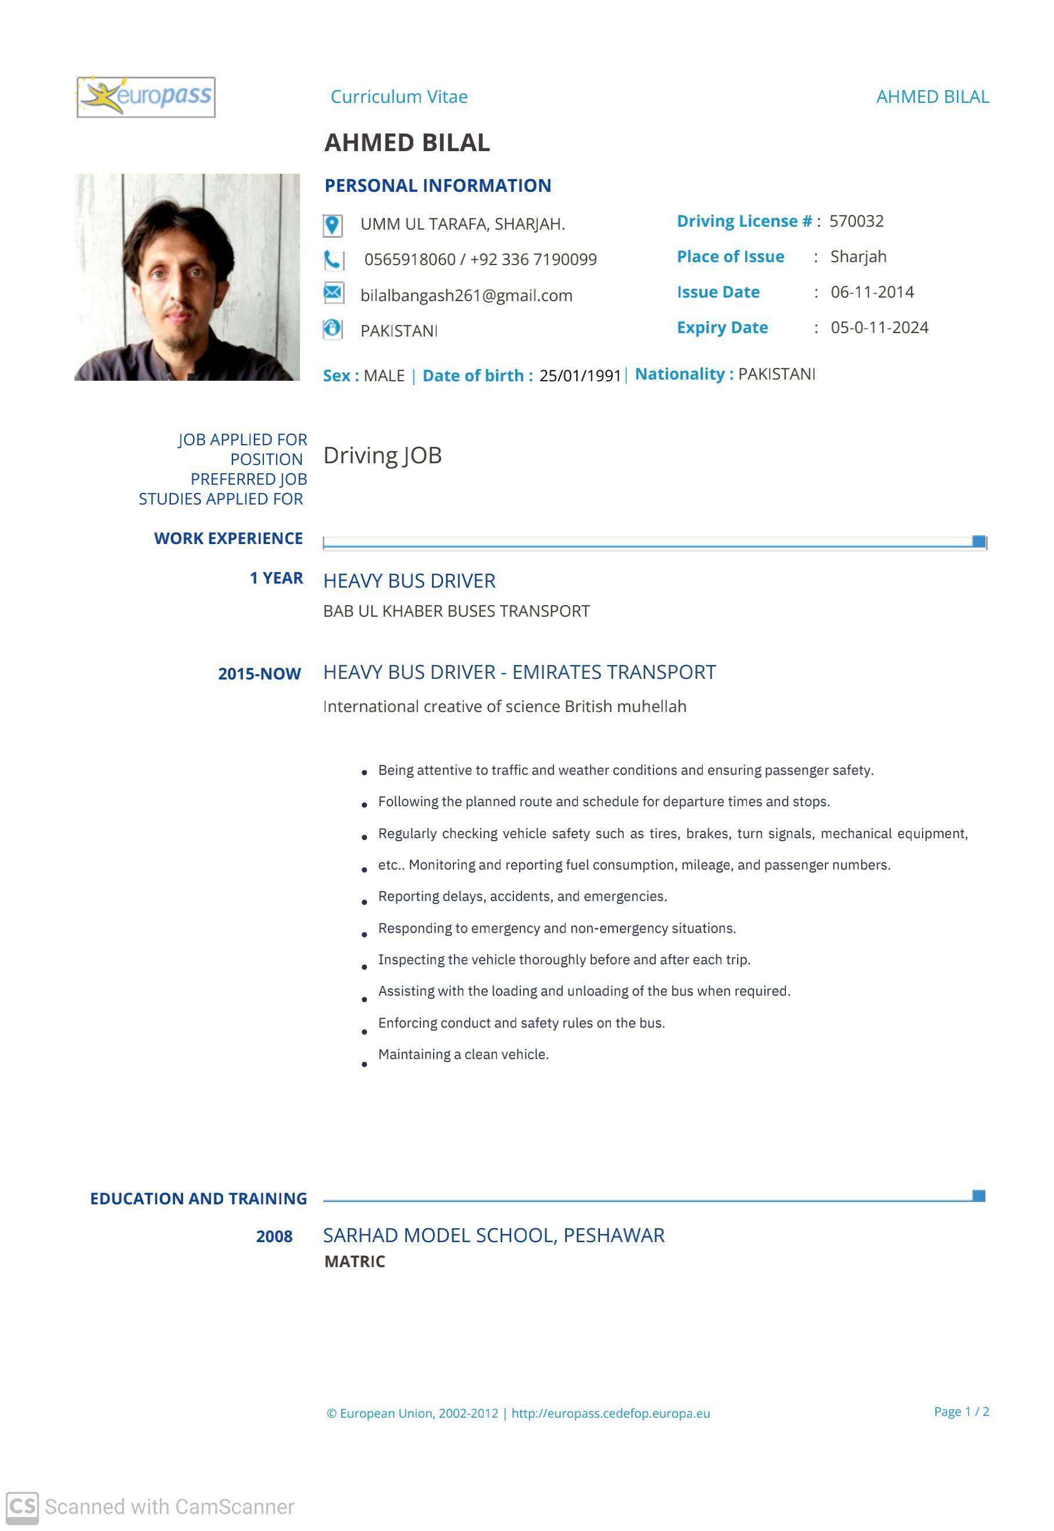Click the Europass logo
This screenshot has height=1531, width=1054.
pos(146,97)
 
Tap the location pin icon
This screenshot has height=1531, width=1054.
pos(332,225)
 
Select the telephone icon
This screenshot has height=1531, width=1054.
pos(332,260)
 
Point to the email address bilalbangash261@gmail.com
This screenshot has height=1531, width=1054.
pos(466,295)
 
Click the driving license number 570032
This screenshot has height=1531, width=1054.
pos(856,221)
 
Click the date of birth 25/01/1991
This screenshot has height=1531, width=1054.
pos(580,375)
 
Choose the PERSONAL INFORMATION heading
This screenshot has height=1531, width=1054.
pos(437,185)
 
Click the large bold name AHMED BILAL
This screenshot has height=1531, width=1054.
pos(407,142)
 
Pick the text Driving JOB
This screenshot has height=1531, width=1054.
pos(383,455)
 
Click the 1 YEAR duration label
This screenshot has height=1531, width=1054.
pos(276,578)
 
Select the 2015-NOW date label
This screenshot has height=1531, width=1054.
pos(259,674)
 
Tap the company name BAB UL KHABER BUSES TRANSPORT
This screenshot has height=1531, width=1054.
pos(456,611)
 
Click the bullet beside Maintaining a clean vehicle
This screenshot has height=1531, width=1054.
pos(364,1064)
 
